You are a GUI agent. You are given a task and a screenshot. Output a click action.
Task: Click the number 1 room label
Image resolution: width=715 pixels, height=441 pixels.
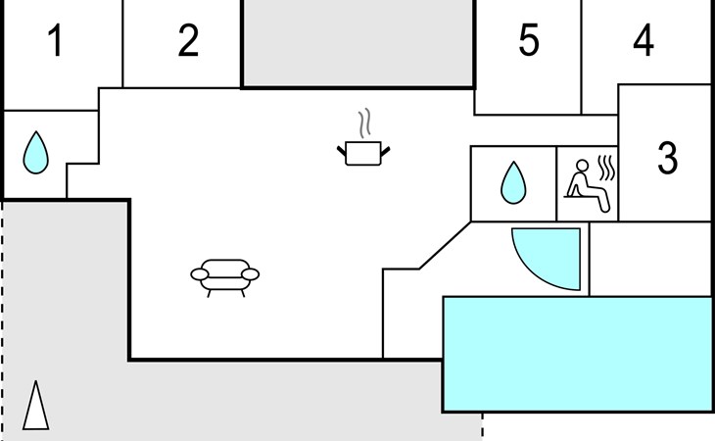click(x=56, y=40)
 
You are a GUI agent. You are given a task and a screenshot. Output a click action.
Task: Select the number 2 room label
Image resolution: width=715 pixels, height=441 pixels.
click(x=188, y=40)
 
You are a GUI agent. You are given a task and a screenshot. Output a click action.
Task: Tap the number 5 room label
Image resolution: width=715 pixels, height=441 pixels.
click(x=529, y=40)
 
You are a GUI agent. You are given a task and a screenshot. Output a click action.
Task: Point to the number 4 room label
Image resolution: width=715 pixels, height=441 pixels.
click(x=643, y=40)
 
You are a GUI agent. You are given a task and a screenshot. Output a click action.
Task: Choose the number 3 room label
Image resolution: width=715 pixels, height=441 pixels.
click(x=668, y=158)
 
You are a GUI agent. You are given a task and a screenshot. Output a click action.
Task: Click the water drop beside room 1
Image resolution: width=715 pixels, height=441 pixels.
click(x=35, y=153)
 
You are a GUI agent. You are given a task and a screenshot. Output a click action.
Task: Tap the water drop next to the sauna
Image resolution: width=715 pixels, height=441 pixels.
click(x=513, y=182)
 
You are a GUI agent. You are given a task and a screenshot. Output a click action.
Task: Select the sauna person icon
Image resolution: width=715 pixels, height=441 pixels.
click(x=586, y=184)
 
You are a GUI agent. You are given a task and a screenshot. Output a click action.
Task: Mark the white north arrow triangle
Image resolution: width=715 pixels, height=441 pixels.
click(x=35, y=406)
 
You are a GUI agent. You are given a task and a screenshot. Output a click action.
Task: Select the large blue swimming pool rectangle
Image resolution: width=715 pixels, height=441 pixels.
click(x=577, y=355)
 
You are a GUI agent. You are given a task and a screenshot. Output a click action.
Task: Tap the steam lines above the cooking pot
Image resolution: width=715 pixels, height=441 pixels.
click(x=364, y=123)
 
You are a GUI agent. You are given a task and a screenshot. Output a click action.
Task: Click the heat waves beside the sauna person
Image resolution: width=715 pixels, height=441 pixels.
click(x=607, y=168)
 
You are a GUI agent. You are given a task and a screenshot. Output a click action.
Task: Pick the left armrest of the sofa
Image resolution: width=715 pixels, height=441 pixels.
click(x=200, y=274)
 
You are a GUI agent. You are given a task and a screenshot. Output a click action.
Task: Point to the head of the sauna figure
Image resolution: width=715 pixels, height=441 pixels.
click(x=583, y=165)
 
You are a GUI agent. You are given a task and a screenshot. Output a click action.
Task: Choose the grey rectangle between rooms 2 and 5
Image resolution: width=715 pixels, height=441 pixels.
click(x=358, y=42)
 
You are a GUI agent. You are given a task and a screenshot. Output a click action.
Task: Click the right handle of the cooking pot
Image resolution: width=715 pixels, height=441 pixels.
click(x=385, y=151)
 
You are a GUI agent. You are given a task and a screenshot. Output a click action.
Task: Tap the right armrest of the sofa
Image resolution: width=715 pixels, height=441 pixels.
click(x=251, y=274)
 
